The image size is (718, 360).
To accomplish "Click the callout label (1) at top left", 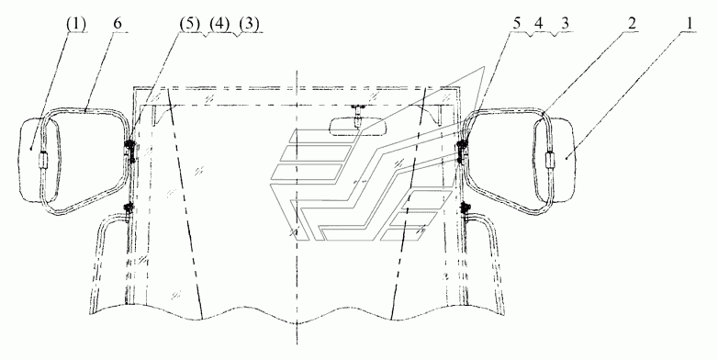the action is (x=75, y=25).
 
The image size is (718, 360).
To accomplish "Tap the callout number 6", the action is (x=118, y=25).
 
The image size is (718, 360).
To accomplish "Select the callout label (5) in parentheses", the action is (x=189, y=25).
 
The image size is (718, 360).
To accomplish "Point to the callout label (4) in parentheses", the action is (x=219, y=25).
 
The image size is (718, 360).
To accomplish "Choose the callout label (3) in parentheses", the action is (x=249, y=25).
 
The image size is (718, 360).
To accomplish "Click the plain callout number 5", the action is (x=517, y=25).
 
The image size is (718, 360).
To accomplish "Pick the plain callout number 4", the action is (x=539, y=25).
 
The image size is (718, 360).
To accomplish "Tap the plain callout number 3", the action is (x=565, y=25).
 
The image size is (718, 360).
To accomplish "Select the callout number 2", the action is (x=632, y=25).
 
